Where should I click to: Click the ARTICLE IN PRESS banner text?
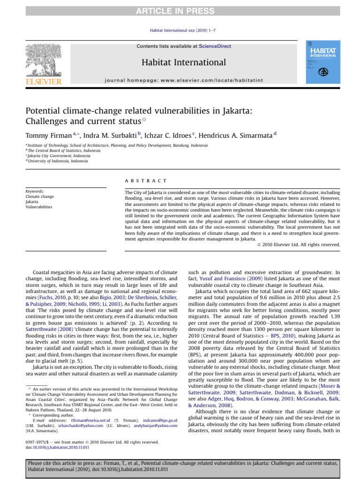pos(180,6)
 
